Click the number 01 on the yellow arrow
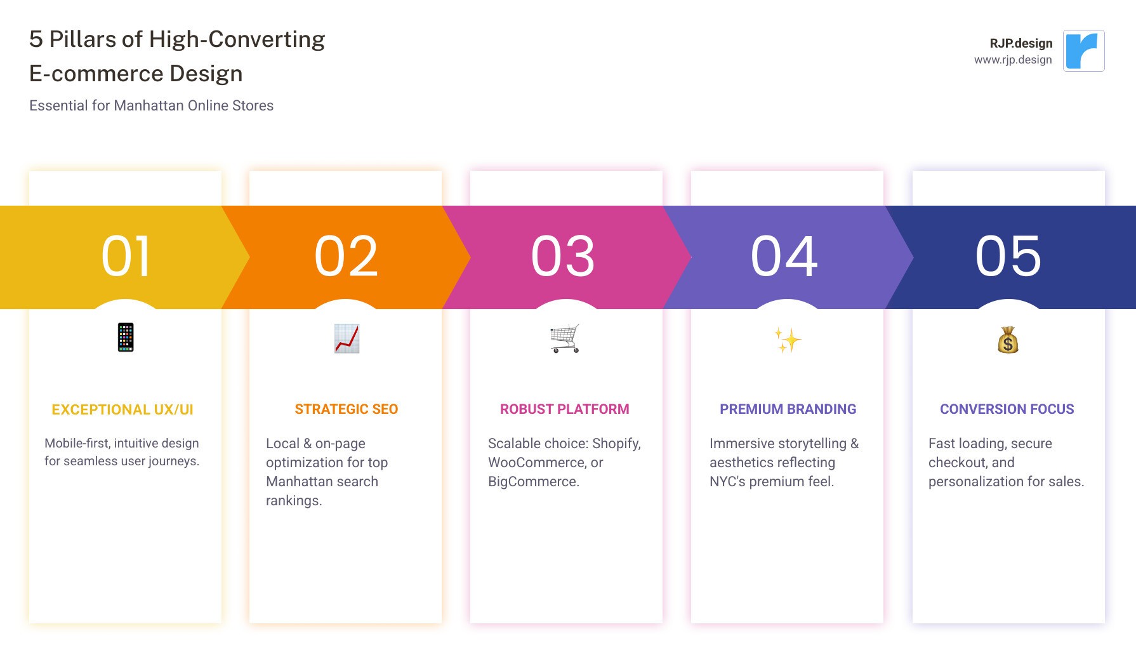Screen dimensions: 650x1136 [126, 256]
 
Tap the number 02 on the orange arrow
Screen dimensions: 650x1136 [346, 256]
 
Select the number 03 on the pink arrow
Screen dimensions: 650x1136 [563, 256]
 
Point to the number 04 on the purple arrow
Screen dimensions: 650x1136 [784, 256]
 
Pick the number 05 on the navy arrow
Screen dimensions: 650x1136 [1008, 256]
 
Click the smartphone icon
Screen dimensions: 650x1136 [126, 338]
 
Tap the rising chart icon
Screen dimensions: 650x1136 [347, 338]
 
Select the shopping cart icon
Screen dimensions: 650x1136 [565, 338]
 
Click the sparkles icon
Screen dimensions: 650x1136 [788, 340]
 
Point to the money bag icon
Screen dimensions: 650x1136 [1008, 340]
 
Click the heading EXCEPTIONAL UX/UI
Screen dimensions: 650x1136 [122, 410]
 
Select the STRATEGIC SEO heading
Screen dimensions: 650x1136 [346, 409]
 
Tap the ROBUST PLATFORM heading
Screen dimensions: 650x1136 [564, 409]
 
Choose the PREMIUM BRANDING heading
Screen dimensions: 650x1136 [788, 409]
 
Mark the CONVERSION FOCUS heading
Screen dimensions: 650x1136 [1007, 409]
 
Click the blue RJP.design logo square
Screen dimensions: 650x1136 [1083, 51]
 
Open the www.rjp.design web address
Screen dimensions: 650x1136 [1013, 60]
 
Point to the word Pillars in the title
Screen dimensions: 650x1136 [83, 39]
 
